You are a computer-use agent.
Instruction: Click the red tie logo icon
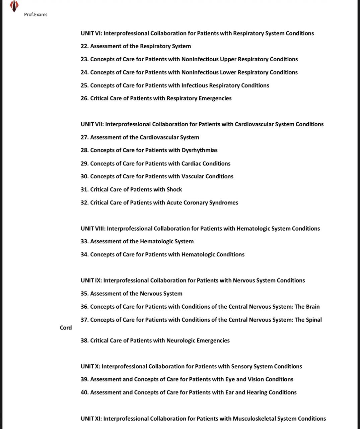[14, 6]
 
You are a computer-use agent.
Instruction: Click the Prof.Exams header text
[35, 14]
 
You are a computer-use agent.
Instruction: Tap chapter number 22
[84, 46]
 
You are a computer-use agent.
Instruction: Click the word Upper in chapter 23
[228, 59]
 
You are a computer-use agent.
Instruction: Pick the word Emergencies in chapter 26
[215, 98]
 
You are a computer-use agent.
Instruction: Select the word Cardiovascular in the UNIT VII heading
[254, 124]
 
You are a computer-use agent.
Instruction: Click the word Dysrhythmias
[200, 150]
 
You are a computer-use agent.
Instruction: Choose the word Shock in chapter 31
[174, 189]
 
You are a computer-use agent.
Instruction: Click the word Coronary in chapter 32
[196, 202]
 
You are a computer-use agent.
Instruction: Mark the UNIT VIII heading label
[93, 229]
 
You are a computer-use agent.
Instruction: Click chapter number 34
[84, 254]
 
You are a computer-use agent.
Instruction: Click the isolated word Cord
[66, 327]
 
